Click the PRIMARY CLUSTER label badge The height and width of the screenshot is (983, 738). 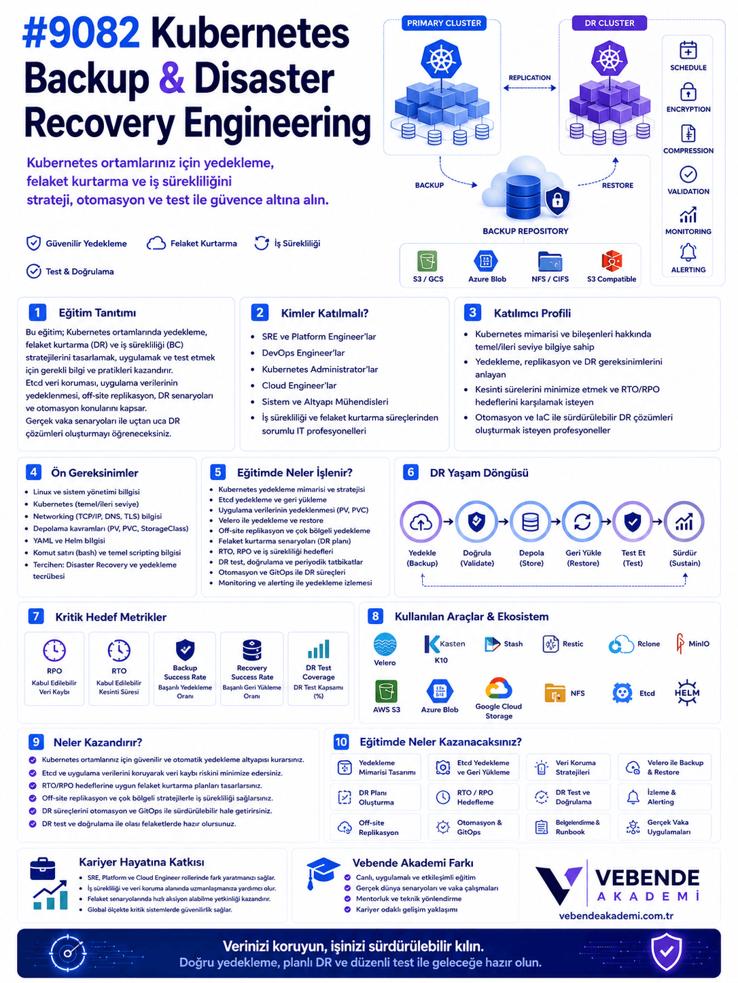click(443, 23)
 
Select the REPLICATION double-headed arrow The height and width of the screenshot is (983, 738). click(529, 88)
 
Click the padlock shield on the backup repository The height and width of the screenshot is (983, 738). click(557, 200)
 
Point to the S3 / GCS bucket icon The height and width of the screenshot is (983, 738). click(427, 261)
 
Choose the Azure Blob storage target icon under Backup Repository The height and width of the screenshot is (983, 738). click(485, 261)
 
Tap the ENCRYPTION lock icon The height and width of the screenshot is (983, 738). click(688, 92)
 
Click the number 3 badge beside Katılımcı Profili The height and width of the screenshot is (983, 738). click(472, 312)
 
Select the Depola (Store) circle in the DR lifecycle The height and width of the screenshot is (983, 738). click(530, 521)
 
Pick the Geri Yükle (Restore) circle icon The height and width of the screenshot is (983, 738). click(582, 521)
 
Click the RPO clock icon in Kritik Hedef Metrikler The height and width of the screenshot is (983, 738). click(54, 650)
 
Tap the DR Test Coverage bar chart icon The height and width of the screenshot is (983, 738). click(318, 648)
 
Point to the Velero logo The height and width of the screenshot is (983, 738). click(385, 644)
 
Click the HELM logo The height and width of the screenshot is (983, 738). click(686, 692)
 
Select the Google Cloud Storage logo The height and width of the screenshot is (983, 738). click(498, 688)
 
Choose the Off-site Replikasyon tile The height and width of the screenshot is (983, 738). click(375, 827)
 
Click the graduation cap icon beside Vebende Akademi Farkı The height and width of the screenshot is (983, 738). click(322, 872)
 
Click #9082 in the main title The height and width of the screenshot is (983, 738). click(81, 33)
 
